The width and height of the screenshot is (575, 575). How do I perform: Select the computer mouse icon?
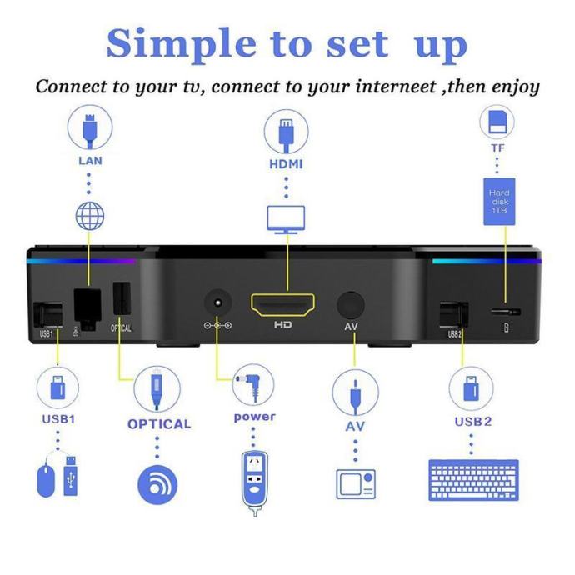pos(46,480)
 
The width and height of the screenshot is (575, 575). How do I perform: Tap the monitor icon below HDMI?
pos(286,219)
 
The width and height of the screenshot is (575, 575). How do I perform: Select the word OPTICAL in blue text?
pos(159,424)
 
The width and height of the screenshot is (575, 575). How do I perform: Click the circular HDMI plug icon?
pos(286,132)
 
